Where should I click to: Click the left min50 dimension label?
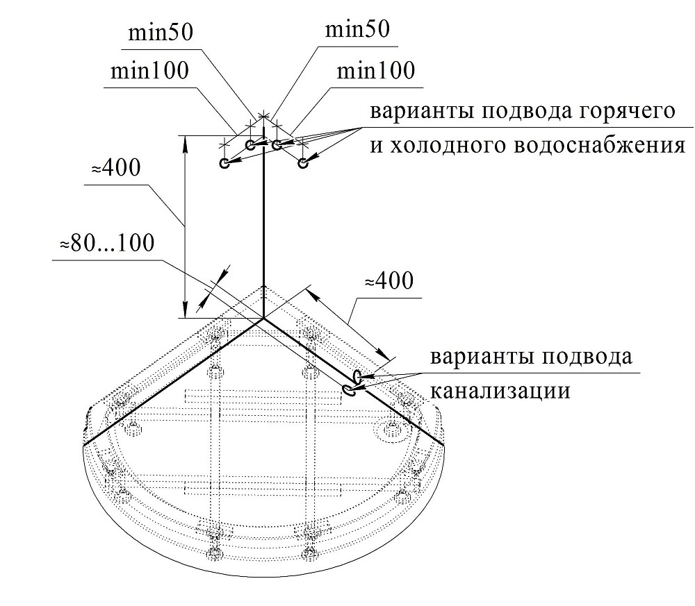[161, 33]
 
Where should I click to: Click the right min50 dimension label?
[357, 30]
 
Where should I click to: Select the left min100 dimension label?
[149, 70]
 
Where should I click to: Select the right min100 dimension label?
[376, 70]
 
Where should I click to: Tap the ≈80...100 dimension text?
[107, 243]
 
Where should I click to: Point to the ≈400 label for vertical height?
[115, 168]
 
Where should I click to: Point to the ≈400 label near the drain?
[389, 280]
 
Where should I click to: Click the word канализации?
[500, 392]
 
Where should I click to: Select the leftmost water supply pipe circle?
[224, 163]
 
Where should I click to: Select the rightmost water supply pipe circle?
[303, 164]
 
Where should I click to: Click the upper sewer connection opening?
[357, 377]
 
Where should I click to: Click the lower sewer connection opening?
[348, 390]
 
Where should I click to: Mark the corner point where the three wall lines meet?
[263, 318]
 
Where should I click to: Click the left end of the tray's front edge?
[83, 444]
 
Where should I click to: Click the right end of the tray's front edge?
[444, 445]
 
